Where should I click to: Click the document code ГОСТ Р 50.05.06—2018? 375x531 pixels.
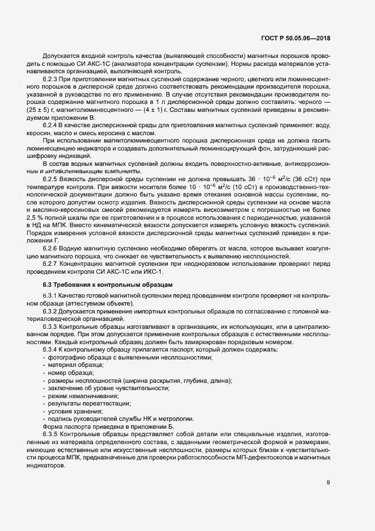297,39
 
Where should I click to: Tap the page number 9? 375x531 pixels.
328,483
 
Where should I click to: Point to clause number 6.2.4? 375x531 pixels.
51,123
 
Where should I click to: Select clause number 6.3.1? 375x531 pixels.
51,296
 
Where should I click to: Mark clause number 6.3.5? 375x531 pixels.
51,433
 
